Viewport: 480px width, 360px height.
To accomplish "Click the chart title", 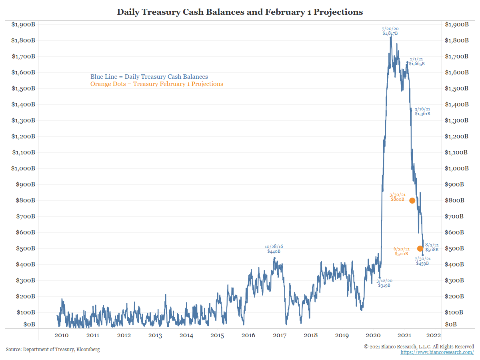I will point(240,12).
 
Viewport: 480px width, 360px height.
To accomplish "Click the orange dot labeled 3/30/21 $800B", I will point(412,200).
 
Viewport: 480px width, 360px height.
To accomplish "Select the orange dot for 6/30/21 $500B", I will point(420,248).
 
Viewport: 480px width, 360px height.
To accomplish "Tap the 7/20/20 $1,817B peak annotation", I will point(390,31).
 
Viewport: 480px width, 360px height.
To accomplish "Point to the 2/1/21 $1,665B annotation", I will point(416,61).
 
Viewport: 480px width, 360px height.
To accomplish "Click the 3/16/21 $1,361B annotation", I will point(422,111).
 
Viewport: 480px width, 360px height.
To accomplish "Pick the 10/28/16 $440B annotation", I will point(274,249).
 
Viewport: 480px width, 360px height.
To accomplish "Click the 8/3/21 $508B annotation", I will point(432,247).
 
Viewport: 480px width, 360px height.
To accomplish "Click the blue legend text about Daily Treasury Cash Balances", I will point(149,77).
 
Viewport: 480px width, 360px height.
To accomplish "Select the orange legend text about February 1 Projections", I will point(156,84).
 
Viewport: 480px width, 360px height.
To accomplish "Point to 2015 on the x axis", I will point(217,335).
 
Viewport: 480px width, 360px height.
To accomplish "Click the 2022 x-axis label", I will point(434,335).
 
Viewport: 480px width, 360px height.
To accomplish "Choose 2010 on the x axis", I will point(61,335).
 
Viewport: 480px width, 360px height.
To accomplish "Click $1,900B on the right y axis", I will point(456,24).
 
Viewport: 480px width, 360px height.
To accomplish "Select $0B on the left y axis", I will point(28,324).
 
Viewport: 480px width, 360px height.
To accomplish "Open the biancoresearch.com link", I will point(437,352).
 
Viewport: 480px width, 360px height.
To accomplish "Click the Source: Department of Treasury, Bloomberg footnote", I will point(53,350).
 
